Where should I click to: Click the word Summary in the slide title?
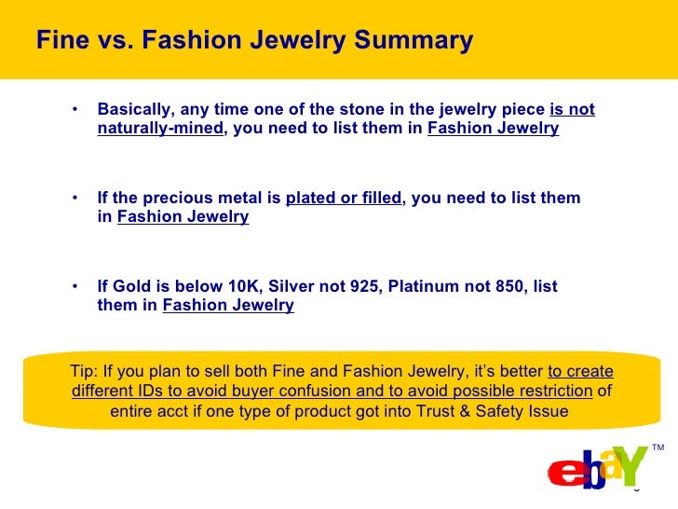click(410, 41)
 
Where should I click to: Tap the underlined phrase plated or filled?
click(344, 199)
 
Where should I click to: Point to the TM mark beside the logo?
click(658, 449)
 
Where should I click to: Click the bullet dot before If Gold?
click(75, 286)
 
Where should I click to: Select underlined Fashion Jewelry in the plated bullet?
click(183, 217)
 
